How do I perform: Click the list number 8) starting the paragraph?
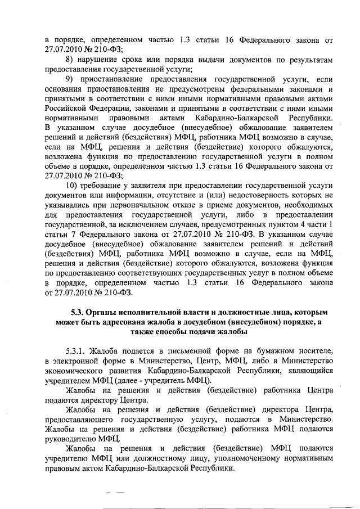pos(71,60)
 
